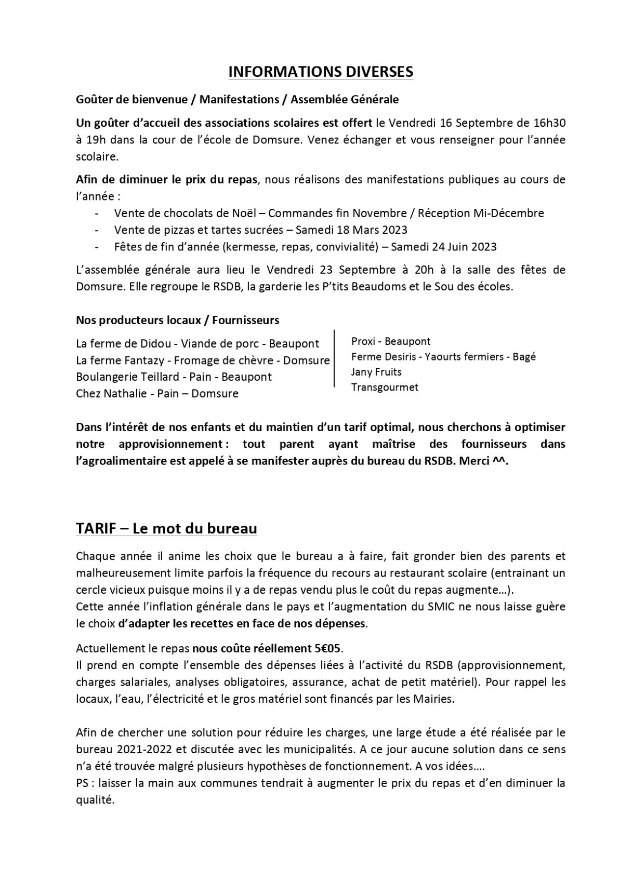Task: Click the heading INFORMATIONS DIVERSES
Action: tap(321, 72)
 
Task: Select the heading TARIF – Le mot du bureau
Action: tap(166, 528)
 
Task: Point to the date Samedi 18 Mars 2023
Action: tap(349, 230)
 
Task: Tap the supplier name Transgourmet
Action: tap(385, 387)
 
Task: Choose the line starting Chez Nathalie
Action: tap(157, 393)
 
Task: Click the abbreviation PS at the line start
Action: tap(83, 783)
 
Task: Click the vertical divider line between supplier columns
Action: tap(334, 357)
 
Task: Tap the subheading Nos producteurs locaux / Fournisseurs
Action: tap(177, 320)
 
